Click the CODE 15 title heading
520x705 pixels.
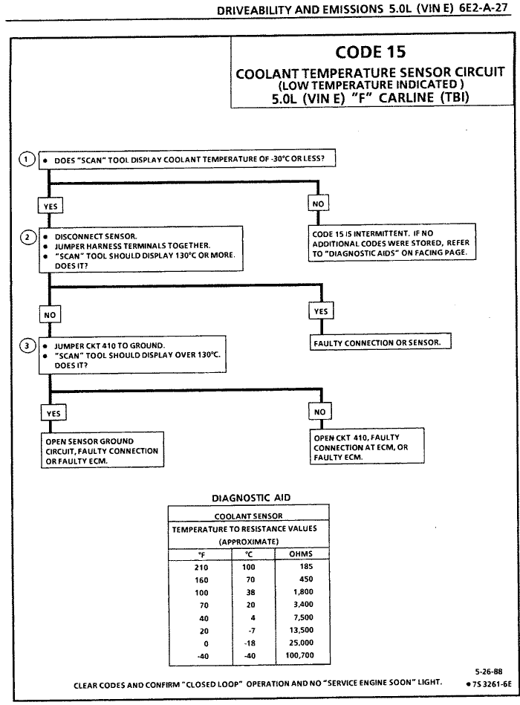(369, 53)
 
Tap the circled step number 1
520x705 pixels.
(27, 159)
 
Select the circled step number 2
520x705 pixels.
(27, 237)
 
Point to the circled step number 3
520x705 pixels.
(27, 345)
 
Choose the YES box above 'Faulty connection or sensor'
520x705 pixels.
(320, 312)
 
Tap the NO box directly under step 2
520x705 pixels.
(49, 313)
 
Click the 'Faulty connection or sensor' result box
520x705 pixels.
(380, 342)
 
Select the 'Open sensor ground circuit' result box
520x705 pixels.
(101, 451)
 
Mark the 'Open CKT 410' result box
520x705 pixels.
(371, 447)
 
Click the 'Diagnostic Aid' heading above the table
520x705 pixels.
(244, 497)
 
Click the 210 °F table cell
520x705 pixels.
(201, 567)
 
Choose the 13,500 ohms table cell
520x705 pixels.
(300, 630)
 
